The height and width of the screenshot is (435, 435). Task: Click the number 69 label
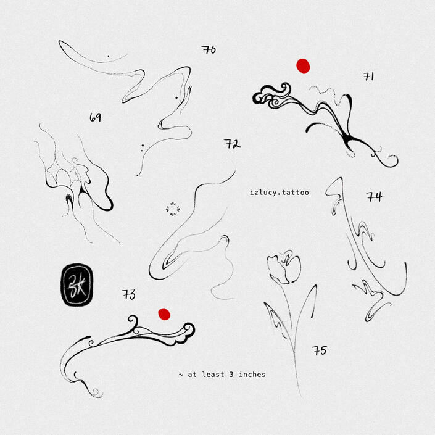95,118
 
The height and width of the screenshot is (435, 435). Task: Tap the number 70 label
209,49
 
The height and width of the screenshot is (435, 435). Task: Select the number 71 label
369,77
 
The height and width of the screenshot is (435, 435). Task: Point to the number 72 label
233,144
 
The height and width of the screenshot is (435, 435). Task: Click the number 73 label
129,294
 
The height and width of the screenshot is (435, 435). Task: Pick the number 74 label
375,197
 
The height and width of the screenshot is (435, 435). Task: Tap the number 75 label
319,350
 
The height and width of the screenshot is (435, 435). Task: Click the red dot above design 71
303,66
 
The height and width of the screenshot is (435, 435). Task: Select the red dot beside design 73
164,314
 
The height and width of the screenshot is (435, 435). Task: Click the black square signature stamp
77,285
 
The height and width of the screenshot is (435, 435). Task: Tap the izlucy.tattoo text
280,193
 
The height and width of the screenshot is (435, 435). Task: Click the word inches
252,375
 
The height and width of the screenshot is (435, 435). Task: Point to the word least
213,375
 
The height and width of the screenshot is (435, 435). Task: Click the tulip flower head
284,267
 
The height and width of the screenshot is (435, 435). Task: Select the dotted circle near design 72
173,209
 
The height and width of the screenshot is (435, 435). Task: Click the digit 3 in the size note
231,375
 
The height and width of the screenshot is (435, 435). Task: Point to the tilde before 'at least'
181,375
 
